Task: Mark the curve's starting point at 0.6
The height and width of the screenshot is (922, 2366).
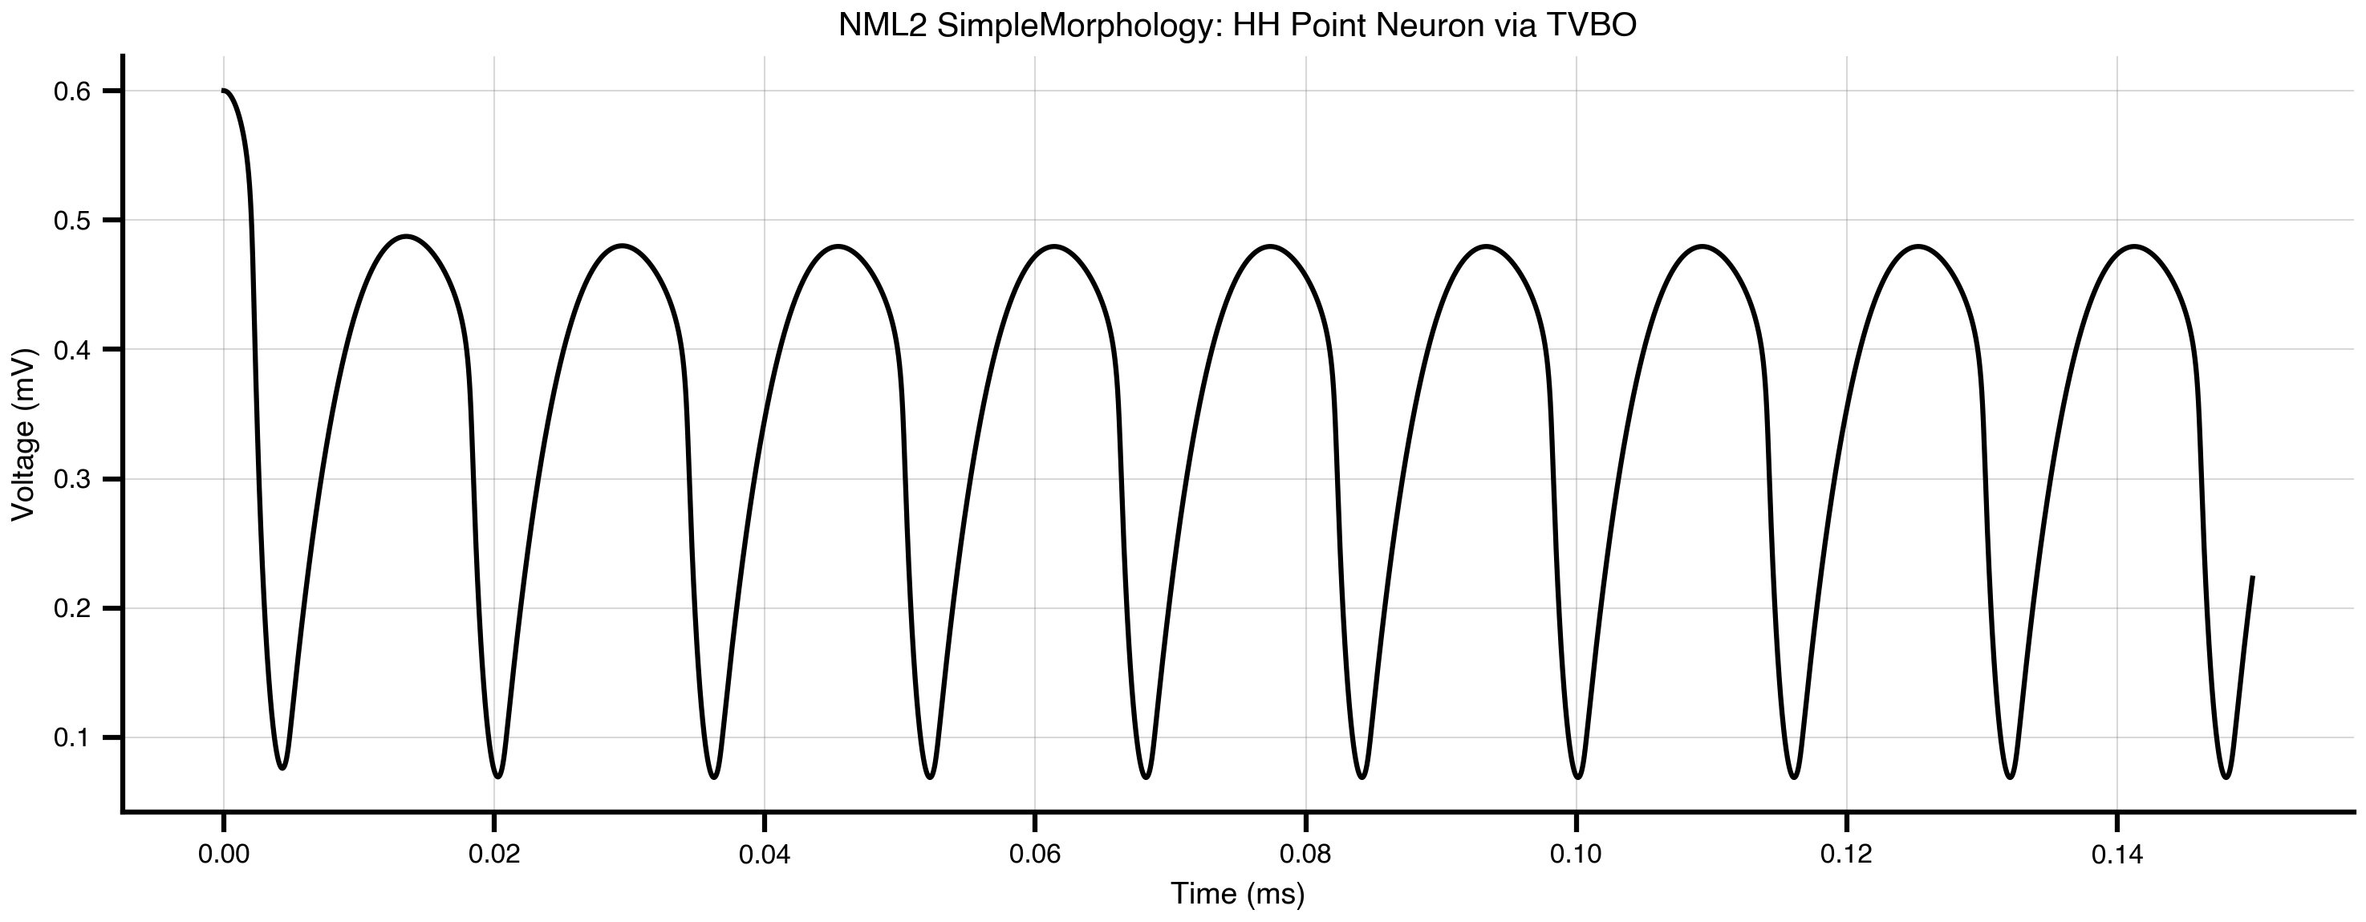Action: tap(223, 91)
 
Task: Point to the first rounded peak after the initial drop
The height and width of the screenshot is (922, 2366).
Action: tap(406, 236)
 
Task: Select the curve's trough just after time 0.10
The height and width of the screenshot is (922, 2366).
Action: tap(1578, 778)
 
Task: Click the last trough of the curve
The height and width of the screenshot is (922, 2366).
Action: tap(2226, 778)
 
